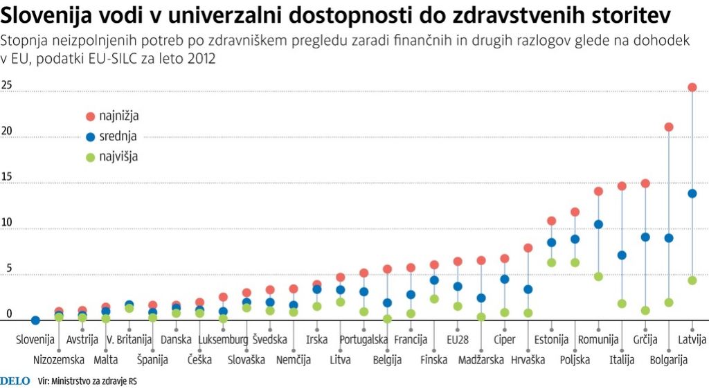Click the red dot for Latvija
click(x=692, y=87)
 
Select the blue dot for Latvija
click(x=692, y=193)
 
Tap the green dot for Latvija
click(x=692, y=280)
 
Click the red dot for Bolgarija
click(x=669, y=127)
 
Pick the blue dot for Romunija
click(x=598, y=224)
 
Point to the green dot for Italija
click(x=622, y=303)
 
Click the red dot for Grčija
click(x=645, y=183)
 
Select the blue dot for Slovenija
click(x=35, y=320)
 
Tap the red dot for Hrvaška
click(x=528, y=248)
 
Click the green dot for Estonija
click(x=551, y=262)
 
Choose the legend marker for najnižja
click(x=90, y=116)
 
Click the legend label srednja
click(x=118, y=136)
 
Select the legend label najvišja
click(x=118, y=156)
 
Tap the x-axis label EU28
click(x=458, y=340)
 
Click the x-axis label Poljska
click(x=575, y=360)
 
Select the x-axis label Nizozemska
click(x=59, y=360)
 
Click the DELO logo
click(x=15, y=380)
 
